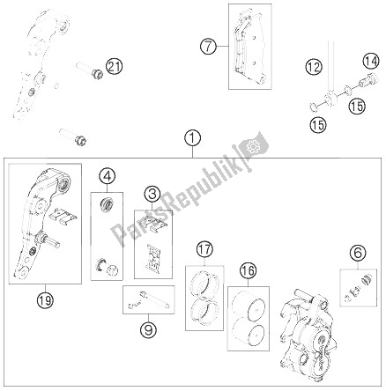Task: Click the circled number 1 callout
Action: (193, 138)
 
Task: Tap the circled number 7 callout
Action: (208, 47)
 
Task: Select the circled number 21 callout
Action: (114, 67)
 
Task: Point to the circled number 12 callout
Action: (314, 67)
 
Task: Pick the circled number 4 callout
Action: (107, 176)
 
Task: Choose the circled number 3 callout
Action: (152, 195)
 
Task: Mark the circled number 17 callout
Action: (204, 250)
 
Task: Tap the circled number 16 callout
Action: (248, 270)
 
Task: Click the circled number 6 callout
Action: (358, 253)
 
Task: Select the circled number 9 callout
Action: (149, 330)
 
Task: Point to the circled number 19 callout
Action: (45, 299)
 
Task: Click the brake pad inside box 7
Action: (249, 47)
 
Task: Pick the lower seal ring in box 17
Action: (204, 313)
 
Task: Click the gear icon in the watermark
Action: (252, 146)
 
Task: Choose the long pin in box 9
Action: (154, 299)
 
